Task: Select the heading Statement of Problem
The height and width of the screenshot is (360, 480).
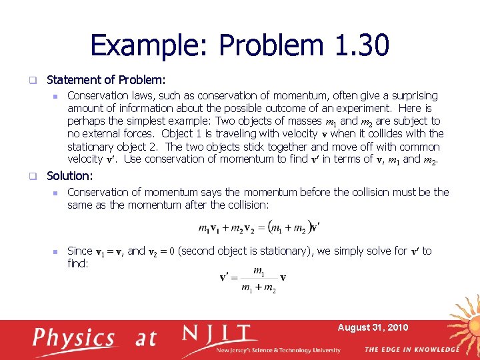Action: [x=106, y=79]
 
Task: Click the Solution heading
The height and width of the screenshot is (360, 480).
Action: [x=69, y=176]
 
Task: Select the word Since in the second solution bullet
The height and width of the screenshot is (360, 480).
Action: [x=80, y=251]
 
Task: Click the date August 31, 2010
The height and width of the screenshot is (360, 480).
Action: [x=373, y=327]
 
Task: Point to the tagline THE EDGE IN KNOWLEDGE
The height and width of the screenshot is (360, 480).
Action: [x=411, y=349]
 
